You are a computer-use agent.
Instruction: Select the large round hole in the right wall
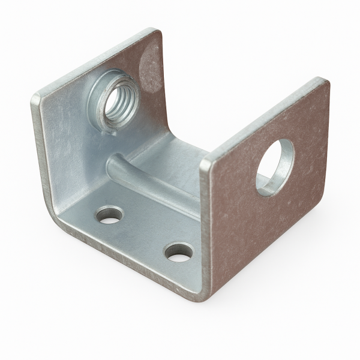coord(275,169)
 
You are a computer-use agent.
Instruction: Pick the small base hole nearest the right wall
coord(177,253)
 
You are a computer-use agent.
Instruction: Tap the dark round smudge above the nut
coord(148,64)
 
